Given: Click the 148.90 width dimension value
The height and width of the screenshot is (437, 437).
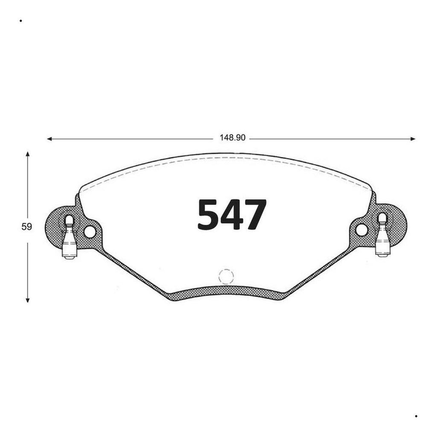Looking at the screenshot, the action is click(x=233, y=138).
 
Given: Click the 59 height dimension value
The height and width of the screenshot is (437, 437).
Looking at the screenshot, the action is click(x=27, y=227).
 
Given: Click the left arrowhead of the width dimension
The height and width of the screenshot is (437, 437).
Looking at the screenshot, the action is click(x=50, y=139).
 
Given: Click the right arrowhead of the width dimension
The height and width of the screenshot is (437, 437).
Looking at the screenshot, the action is click(x=413, y=139).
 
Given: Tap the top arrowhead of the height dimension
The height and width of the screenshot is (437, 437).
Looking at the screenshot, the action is click(x=27, y=154).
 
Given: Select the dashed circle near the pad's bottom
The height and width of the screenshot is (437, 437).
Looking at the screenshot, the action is click(x=226, y=277).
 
